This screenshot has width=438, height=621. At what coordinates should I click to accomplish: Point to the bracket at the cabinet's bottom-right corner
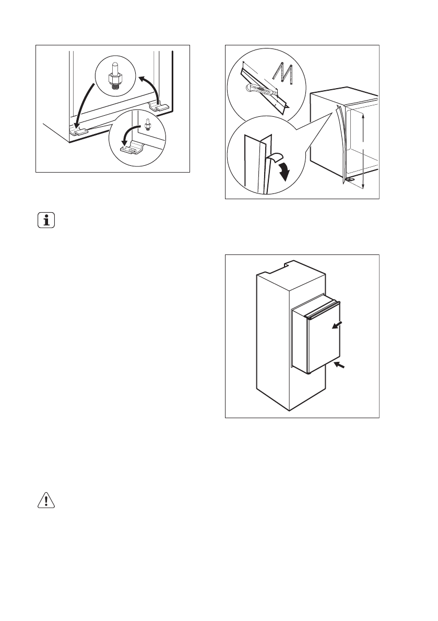[x=160, y=106]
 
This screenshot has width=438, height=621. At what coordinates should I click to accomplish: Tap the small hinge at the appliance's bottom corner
[x=349, y=179]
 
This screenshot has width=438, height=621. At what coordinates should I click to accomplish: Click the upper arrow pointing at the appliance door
[x=338, y=325]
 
